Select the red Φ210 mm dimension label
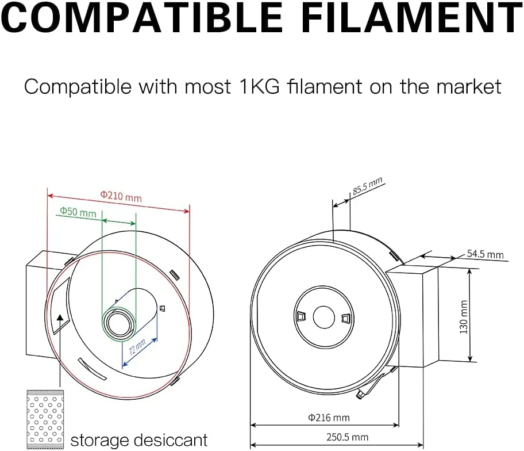(x=121, y=197)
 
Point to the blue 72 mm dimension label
(x=137, y=348)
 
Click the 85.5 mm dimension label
(x=368, y=188)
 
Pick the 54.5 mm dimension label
(x=485, y=254)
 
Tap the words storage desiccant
(x=138, y=441)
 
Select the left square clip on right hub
(x=301, y=316)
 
